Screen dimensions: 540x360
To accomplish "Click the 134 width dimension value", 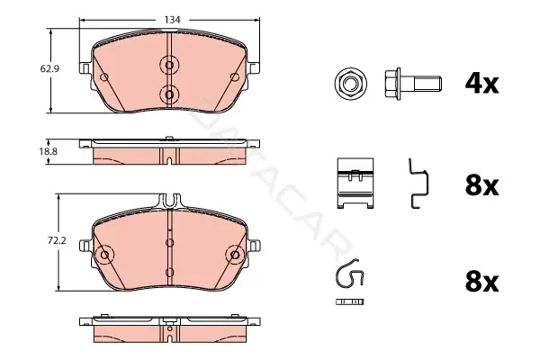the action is click(x=172, y=20).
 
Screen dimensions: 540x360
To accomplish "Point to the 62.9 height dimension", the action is click(x=49, y=69).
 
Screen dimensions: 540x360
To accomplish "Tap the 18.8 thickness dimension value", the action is click(x=49, y=151).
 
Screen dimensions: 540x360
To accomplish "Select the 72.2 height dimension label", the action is click(x=57, y=240).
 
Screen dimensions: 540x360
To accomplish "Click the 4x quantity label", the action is click(x=481, y=84).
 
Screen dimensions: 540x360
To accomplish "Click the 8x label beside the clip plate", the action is click(x=481, y=185).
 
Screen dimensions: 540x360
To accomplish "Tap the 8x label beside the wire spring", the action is click(x=481, y=282).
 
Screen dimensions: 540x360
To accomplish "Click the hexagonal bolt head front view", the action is click(x=351, y=84).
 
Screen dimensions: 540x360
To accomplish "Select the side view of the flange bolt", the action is click(x=413, y=84).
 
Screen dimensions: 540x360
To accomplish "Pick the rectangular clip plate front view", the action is click(x=355, y=184).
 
